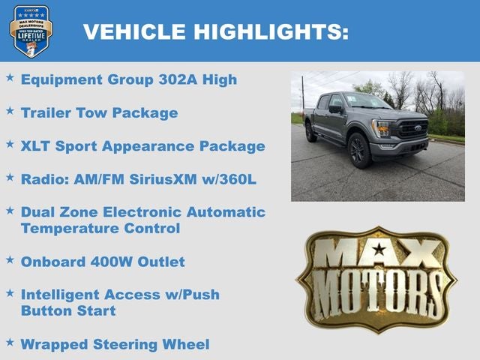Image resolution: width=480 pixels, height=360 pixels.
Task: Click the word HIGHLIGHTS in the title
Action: point(271,31)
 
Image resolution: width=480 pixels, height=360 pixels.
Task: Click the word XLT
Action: point(37,145)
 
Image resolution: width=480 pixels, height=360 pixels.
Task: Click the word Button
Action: point(46,310)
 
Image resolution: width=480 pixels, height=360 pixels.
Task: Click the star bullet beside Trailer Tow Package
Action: point(10,111)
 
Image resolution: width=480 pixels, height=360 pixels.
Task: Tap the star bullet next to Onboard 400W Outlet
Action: point(10,259)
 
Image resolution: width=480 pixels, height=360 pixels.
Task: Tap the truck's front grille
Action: point(409,130)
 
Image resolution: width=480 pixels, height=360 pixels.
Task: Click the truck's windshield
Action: point(366,101)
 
